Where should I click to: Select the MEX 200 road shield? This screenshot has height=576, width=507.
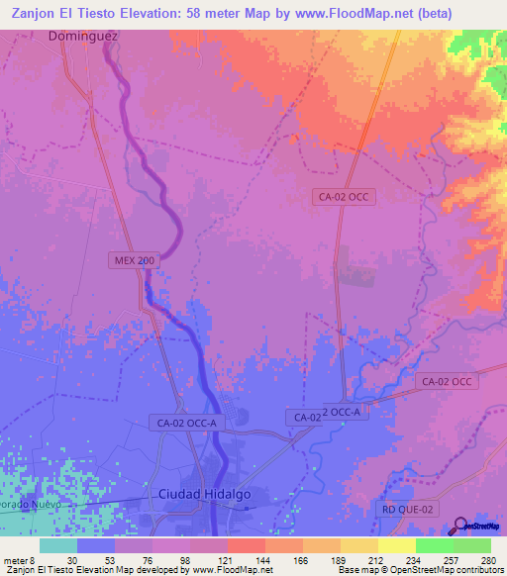pos(133,259)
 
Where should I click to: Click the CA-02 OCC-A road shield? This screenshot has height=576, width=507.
pos(186,423)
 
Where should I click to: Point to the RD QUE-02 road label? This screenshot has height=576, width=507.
pos(407,509)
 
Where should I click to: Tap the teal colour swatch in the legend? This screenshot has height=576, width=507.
pos(57,545)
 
